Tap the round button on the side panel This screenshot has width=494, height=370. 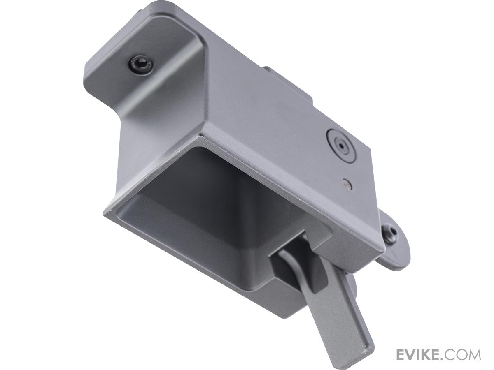(340, 147)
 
